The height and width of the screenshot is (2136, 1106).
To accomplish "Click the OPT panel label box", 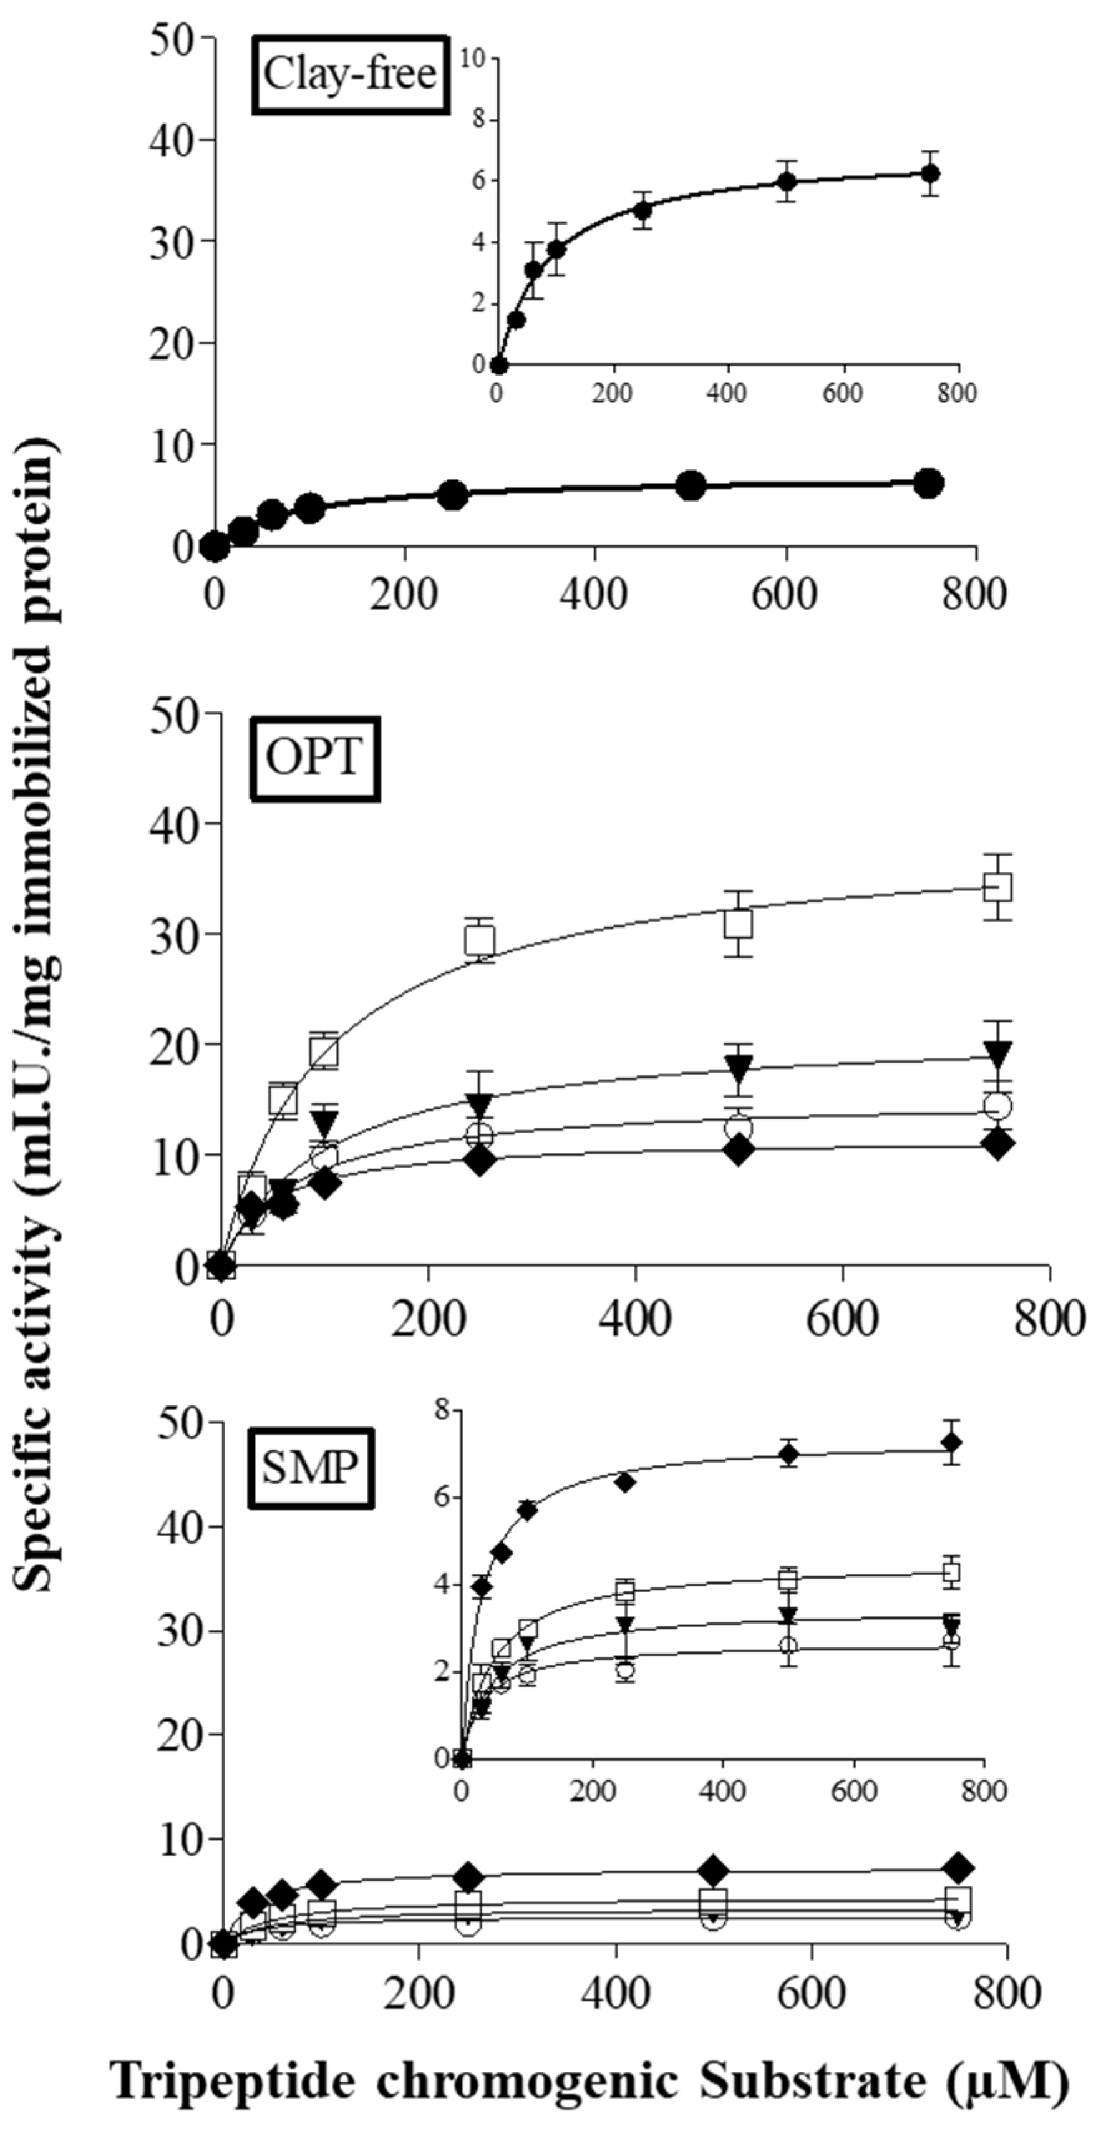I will coord(315,758).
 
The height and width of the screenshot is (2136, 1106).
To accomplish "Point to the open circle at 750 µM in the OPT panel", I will coord(997,1105).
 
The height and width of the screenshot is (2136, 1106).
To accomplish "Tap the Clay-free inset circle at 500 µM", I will coord(787,182).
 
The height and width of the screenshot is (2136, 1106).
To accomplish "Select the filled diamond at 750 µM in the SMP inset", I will coord(952,1443).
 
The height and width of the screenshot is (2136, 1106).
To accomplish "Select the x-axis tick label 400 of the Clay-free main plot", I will coord(595,595).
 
